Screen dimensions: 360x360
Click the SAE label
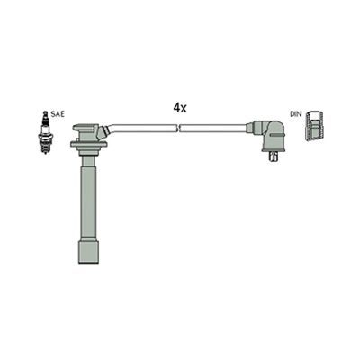click(x=58, y=114)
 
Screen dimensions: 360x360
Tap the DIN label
click(x=295, y=114)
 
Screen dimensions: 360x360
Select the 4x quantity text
click(x=180, y=108)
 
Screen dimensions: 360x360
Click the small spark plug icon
click(x=46, y=132)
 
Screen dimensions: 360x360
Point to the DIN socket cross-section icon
click(x=313, y=126)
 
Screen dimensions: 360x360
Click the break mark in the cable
click(x=179, y=129)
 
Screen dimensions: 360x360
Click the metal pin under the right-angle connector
click(x=273, y=157)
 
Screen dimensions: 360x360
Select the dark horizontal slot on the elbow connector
click(x=277, y=136)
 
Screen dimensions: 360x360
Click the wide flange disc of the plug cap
click(x=89, y=145)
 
